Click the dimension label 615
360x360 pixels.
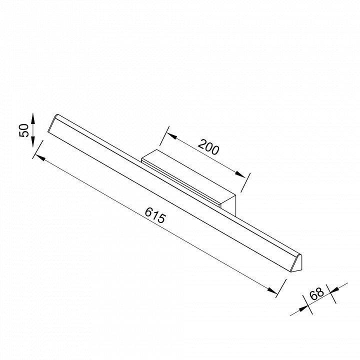[155, 215]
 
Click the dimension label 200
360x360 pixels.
[208, 147]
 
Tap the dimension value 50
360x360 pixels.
[24, 130]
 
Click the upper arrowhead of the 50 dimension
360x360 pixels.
[33, 118]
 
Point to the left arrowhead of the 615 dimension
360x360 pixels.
[40, 157]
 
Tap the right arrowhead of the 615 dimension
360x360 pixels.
[272, 290]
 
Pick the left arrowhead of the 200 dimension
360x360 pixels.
[171, 136]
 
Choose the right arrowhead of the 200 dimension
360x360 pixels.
[240, 174]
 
